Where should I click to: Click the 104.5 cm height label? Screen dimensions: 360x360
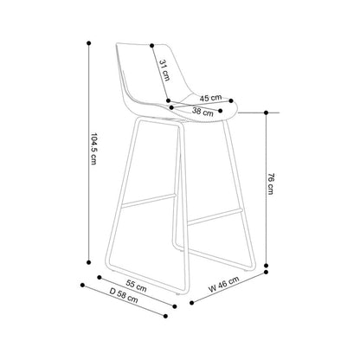[x=93, y=149]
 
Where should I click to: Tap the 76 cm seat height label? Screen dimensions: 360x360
[x=270, y=183]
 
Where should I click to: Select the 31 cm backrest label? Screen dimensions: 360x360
[x=164, y=70]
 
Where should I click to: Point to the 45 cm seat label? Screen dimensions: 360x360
[x=210, y=98]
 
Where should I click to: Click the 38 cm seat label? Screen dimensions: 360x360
[x=202, y=112]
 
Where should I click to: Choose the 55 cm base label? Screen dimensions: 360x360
[x=137, y=286]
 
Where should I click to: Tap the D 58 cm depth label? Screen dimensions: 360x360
[x=124, y=295]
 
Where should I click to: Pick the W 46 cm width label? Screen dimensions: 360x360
[x=224, y=284]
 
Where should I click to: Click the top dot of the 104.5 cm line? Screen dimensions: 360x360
[x=89, y=43]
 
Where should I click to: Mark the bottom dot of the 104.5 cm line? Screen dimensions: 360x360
[x=89, y=262]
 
